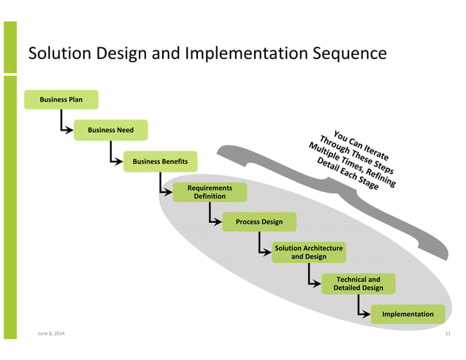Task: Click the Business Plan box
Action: click(x=61, y=99)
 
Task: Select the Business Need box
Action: click(x=110, y=130)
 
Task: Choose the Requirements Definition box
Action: click(x=210, y=192)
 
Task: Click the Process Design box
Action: click(x=259, y=222)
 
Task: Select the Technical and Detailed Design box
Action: click(x=358, y=283)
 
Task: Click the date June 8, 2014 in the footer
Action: click(x=50, y=334)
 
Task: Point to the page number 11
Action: click(x=448, y=334)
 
